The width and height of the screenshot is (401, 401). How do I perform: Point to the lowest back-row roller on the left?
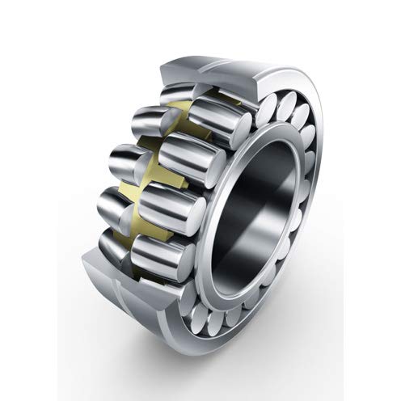(x=113, y=243)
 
